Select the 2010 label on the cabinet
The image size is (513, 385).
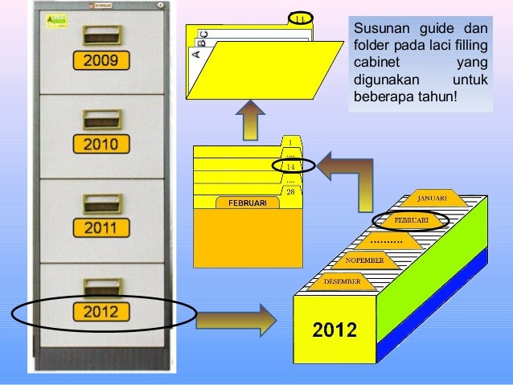[101, 145]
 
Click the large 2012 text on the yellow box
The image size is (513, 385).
[334, 330]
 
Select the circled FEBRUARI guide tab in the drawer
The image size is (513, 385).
[409, 220]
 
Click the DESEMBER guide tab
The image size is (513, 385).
[342, 281]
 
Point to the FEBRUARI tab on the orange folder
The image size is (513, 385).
[247, 203]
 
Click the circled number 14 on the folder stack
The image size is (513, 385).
[290, 166]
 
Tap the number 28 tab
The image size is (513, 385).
[290, 191]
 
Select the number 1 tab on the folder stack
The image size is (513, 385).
[290, 141]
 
